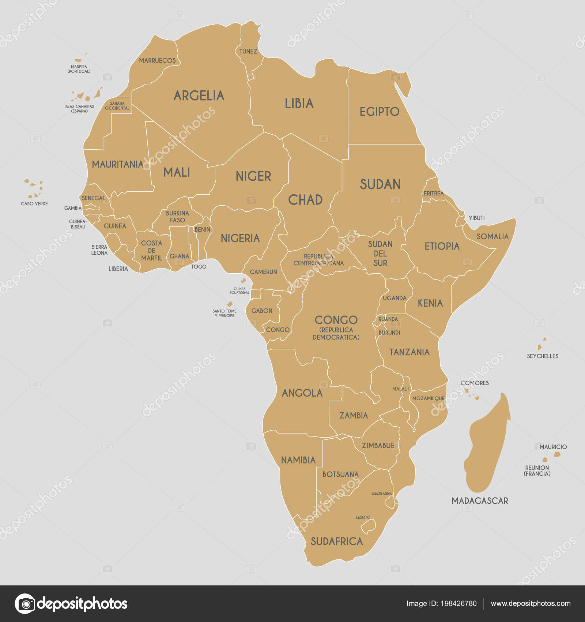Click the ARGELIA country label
click(199, 96)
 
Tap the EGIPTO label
click(379, 112)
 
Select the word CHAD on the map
click(305, 200)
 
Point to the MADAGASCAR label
click(479, 501)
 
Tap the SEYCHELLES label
click(542, 356)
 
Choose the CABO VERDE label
click(34, 204)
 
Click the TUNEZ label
click(248, 52)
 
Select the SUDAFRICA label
click(336, 542)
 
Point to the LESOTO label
click(363, 517)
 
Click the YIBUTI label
click(476, 218)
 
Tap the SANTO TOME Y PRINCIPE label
click(224, 313)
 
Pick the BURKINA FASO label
click(177, 217)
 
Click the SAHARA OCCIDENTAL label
click(117, 106)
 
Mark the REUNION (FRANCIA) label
click(537, 471)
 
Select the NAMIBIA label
click(298, 460)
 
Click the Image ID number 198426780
click(458, 603)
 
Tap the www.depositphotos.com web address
click(531, 603)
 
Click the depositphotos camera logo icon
click(25, 603)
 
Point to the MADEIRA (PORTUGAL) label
click(79, 69)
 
